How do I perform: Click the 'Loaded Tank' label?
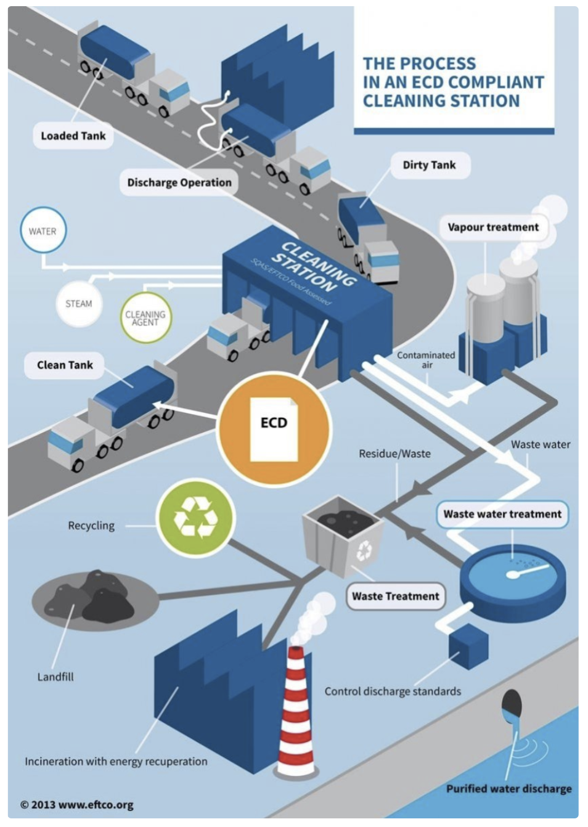(x=73, y=136)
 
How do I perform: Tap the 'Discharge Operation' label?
(x=179, y=182)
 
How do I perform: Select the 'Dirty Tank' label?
(x=429, y=165)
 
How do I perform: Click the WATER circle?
(x=43, y=231)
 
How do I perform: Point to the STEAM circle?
(x=78, y=303)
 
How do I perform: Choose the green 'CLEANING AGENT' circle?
(x=145, y=317)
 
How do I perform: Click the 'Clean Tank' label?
(x=65, y=365)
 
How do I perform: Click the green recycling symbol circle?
(x=195, y=516)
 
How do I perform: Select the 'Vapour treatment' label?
(x=493, y=227)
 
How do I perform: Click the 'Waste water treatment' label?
(x=502, y=514)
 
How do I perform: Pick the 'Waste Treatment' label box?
(x=395, y=596)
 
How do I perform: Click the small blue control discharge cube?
(x=468, y=643)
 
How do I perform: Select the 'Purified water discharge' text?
(x=508, y=789)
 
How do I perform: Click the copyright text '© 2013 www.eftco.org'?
(x=77, y=804)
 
